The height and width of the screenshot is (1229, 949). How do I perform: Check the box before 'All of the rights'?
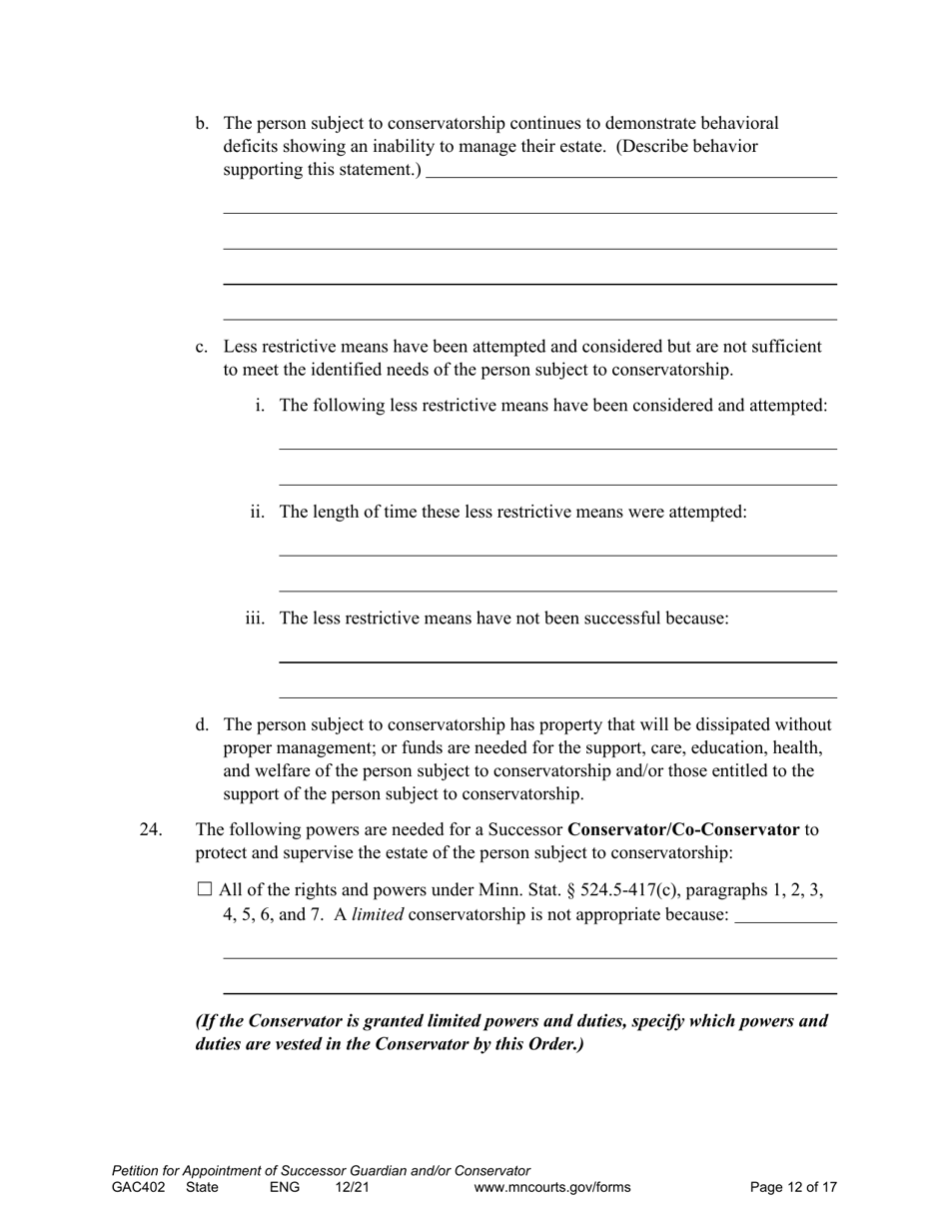[205, 889]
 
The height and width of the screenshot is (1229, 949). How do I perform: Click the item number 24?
[151, 829]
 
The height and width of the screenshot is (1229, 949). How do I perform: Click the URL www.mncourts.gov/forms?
[552, 1188]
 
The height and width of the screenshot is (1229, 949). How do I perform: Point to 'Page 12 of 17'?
[793, 1188]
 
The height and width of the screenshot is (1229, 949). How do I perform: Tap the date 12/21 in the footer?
[353, 1188]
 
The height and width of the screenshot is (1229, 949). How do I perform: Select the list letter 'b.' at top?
[203, 124]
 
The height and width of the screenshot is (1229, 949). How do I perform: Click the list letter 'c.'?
[203, 347]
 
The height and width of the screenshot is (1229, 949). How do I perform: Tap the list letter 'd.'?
[203, 724]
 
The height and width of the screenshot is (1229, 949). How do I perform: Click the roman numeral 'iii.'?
[255, 618]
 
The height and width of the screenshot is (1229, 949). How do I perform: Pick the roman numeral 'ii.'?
[258, 512]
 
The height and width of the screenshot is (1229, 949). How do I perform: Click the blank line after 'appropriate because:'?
[785, 917]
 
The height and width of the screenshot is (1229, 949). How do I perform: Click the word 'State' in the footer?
[202, 1188]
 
